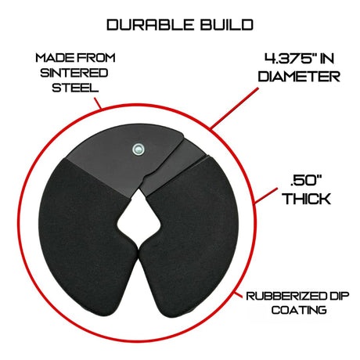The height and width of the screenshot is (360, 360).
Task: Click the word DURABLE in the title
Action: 150,25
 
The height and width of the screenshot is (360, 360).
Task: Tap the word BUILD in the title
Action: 227,25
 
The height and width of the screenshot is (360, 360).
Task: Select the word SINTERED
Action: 74,73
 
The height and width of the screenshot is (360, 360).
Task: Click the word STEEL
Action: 75,88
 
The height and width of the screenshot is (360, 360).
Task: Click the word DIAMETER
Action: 299,77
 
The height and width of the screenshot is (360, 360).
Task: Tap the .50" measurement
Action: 306,181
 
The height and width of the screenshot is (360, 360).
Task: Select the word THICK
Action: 307,199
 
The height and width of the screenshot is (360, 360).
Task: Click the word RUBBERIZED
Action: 286,296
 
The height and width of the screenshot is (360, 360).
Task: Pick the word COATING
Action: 299,310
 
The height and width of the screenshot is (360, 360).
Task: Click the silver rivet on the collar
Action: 138,149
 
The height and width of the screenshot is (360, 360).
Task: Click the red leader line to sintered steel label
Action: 98,103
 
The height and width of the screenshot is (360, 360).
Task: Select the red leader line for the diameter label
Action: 234,109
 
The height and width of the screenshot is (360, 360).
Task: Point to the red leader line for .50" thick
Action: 265,196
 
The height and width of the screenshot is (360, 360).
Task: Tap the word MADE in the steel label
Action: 51,58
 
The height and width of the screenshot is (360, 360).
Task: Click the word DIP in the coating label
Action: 338,296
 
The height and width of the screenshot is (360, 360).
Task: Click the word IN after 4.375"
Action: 326,59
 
